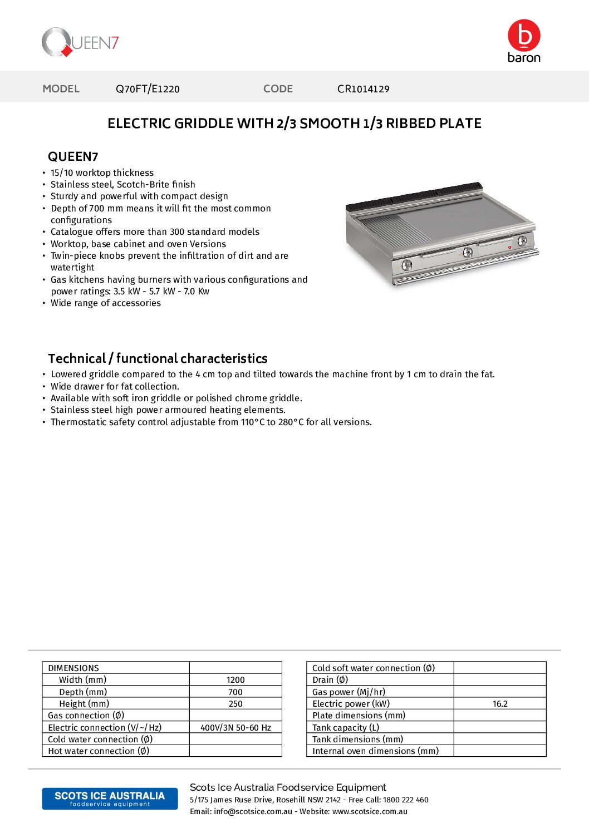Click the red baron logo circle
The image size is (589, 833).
pyautogui.click(x=524, y=36)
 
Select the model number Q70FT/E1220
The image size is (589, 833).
pyautogui.click(x=148, y=89)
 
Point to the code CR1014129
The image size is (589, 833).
pyautogui.click(x=363, y=89)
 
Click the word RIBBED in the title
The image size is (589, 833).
pyautogui.click(x=411, y=124)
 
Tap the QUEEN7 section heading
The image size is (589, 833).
pyautogui.click(x=73, y=156)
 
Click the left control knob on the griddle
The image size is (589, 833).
pyautogui.click(x=407, y=265)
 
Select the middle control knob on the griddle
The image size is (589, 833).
pyautogui.click(x=468, y=252)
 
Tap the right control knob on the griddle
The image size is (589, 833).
pyautogui.click(x=522, y=241)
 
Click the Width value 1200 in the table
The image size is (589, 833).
pyautogui.click(x=235, y=680)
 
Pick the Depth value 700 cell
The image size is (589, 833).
pyautogui.click(x=235, y=692)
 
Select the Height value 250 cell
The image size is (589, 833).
pyautogui.click(x=235, y=704)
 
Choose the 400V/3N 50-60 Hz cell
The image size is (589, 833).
pyautogui.click(x=235, y=728)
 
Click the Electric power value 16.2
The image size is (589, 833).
pyautogui.click(x=500, y=704)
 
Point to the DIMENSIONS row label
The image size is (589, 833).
pyautogui.click(x=73, y=668)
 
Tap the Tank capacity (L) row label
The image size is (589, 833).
pyautogui.click(x=346, y=728)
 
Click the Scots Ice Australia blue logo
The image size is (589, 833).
pyautogui.click(x=110, y=799)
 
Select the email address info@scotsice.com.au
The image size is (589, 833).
pyautogui.click(x=253, y=812)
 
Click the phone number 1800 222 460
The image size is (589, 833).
pyautogui.click(x=406, y=800)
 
